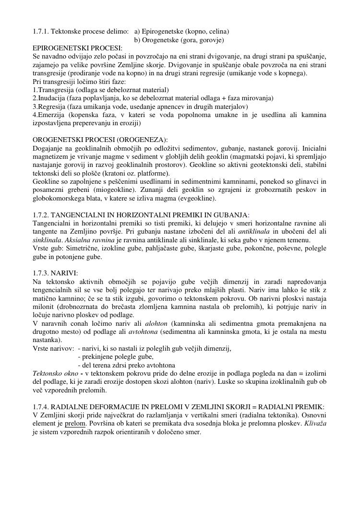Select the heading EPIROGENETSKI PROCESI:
click(77, 48)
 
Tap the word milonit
click(42, 307)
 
